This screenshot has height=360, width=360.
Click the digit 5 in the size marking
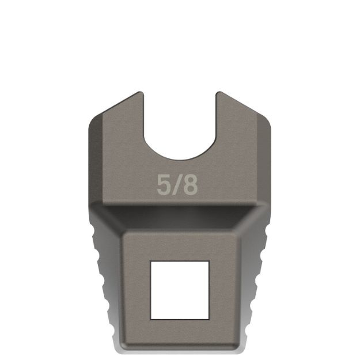(164, 185)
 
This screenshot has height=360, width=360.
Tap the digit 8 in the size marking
(190, 185)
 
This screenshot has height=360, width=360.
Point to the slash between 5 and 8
(177, 185)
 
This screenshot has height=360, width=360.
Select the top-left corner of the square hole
(151, 261)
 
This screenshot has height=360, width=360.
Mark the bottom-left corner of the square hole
(151, 319)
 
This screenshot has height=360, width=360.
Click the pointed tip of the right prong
(218, 93)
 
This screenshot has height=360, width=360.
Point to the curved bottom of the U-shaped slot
(179, 158)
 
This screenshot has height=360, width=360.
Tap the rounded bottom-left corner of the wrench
(119, 347)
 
